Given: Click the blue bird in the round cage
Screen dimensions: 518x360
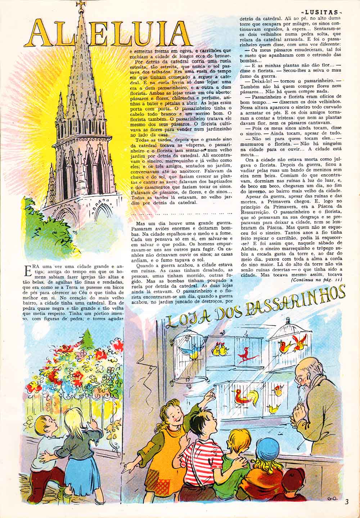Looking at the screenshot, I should tap(189, 351).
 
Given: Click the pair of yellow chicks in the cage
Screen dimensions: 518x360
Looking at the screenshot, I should tap(220, 350).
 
